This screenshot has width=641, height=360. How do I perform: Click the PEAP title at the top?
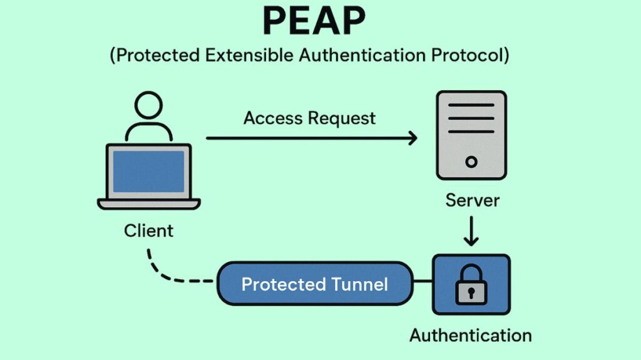click(x=314, y=22)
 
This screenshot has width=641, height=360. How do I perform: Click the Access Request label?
click(x=309, y=118)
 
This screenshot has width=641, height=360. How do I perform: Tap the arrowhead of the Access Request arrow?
click(x=413, y=138)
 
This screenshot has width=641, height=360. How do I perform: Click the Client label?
click(x=148, y=230)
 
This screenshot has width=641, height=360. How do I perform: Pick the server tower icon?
click(x=471, y=135)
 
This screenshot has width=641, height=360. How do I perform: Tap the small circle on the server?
click(x=471, y=162)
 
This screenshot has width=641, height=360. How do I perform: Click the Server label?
click(x=472, y=200)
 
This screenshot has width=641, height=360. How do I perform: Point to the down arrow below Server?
click(x=471, y=233)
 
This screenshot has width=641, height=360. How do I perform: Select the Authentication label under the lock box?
click(x=470, y=335)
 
